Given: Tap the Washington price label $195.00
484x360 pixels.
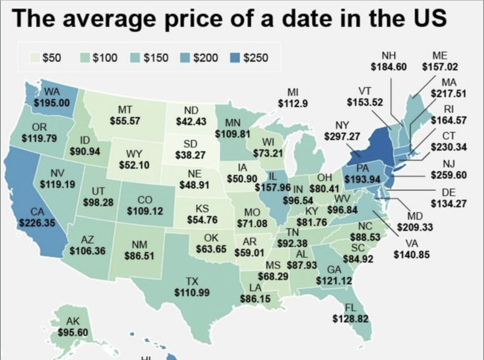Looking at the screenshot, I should pyautogui.click(x=52, y=103).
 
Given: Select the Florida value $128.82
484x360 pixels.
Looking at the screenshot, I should pyautogui.click(x=350, y=319).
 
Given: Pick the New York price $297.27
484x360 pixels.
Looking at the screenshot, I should pyautogui.click(x=342, y=135).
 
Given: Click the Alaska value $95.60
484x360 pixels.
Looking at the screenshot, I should pyautogui.click(x=73, y=332).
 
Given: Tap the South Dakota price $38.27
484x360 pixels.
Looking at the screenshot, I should pyautogui.click(x=190, y=155).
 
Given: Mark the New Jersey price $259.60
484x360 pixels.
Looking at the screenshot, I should pyautogui.click(x=449, y=175).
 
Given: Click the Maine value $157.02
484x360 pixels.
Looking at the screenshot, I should pyautogui.click(x=440, y=67).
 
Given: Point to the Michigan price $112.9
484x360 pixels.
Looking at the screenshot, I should pyautogui.click(x=293, y=103).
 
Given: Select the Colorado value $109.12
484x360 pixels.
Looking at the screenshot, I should pyautogui.click(x=145, y=211).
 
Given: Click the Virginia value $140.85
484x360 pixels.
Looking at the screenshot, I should pyautogui.click(x=412, y=255).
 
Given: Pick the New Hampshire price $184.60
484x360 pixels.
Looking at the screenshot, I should pyautogui.click(x=388, y=67).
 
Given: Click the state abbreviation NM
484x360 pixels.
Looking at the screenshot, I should pyautogui.click(x=137, y=244).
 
